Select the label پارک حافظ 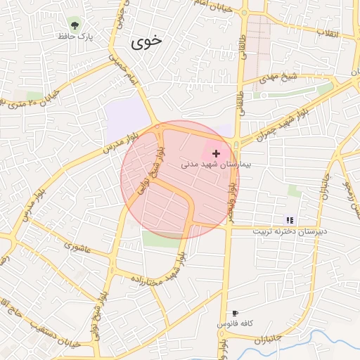[x=75, y=35]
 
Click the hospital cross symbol [x=216, y=153]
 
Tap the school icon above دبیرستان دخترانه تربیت [x=290, y=220]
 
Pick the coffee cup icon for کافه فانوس [x=235, y=313]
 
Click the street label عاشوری [x=77, y=247]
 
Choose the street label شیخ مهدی [x=280, y=77]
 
